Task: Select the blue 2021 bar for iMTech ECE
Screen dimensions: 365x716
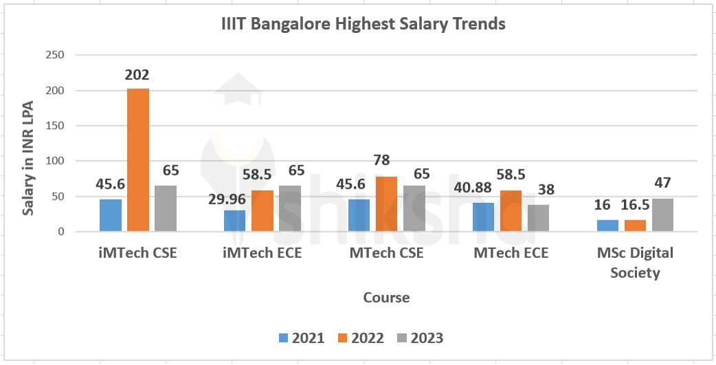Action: click(234, 221)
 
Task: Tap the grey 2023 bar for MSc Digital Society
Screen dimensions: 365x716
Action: click(662, 215)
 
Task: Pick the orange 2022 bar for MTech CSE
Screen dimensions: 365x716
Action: click(387, 204)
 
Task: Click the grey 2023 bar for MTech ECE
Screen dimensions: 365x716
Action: click(538, 218)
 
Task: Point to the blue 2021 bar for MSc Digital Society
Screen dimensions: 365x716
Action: click(607, 226)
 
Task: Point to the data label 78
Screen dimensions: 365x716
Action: click(381, 161)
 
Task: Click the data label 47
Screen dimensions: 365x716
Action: click(662, 183)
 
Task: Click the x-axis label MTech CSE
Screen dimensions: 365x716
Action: click(386, 253)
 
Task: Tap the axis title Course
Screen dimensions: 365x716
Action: click(386, 298)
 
